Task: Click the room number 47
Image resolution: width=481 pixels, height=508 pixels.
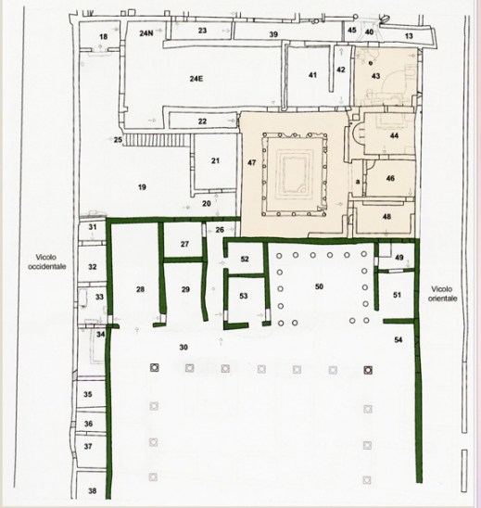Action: point(252,162)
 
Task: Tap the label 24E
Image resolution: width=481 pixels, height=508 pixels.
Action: point(196,79)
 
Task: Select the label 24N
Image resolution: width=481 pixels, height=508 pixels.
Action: point(146,33)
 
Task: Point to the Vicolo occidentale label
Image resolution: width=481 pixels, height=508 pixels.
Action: point(46,261)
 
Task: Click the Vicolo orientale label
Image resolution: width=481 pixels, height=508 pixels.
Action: point(442,294)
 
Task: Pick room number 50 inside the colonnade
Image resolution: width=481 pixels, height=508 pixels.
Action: point(319,286)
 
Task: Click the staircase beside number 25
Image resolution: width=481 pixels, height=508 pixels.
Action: point(158,141)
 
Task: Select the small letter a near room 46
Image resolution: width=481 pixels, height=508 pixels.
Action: point(358,182)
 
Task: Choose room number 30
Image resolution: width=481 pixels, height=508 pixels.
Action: point(184,348)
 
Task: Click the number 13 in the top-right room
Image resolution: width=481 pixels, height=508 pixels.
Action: point(409,35)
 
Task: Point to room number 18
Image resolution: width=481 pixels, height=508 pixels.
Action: point(103,36)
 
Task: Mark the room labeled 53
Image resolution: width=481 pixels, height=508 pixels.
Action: point(243,296)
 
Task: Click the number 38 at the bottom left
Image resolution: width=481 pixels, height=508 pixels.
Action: point(93,490)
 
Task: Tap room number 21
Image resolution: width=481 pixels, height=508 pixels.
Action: point(215,160)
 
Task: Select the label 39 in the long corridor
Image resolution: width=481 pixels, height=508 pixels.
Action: point(273,34)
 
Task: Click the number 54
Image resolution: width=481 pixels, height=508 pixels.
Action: point(399,339)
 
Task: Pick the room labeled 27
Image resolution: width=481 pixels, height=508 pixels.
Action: point(184,244)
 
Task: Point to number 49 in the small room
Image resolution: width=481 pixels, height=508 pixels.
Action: point(399,257)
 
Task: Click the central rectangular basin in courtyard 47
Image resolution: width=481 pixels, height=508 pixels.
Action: point(294,175)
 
